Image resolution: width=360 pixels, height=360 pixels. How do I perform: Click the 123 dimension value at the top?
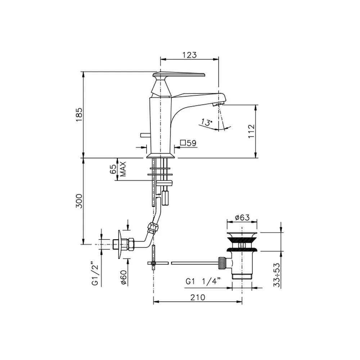point(190,55)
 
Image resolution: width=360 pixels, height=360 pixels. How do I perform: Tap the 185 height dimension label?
point(79,114)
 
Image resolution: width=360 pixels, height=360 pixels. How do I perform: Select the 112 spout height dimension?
point(251,131)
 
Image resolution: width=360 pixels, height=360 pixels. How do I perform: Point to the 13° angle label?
point(206,122)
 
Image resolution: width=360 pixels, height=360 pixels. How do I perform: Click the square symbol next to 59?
point(183,143)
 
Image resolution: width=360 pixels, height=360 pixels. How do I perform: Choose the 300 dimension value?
point(79,201)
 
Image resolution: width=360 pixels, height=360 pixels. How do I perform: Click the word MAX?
point(123,169)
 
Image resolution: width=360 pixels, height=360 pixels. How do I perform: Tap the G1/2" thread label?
point(95,273)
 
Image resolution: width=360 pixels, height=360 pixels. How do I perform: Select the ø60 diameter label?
point(123,278)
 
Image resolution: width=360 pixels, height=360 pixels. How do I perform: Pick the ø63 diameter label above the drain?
point(242,217)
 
